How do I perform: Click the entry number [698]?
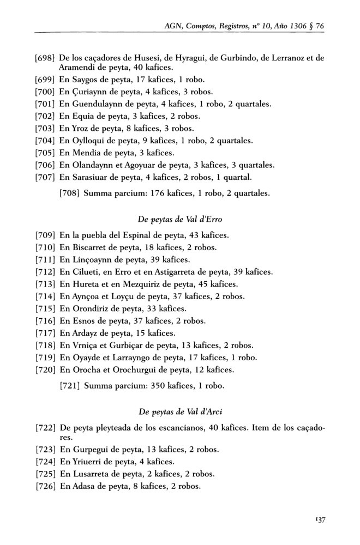click(x=44, y=58)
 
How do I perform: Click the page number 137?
click(x=318, y=520)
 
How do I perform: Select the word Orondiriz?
click(x=90, y=307)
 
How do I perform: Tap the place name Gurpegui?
click(x=88, y=450)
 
